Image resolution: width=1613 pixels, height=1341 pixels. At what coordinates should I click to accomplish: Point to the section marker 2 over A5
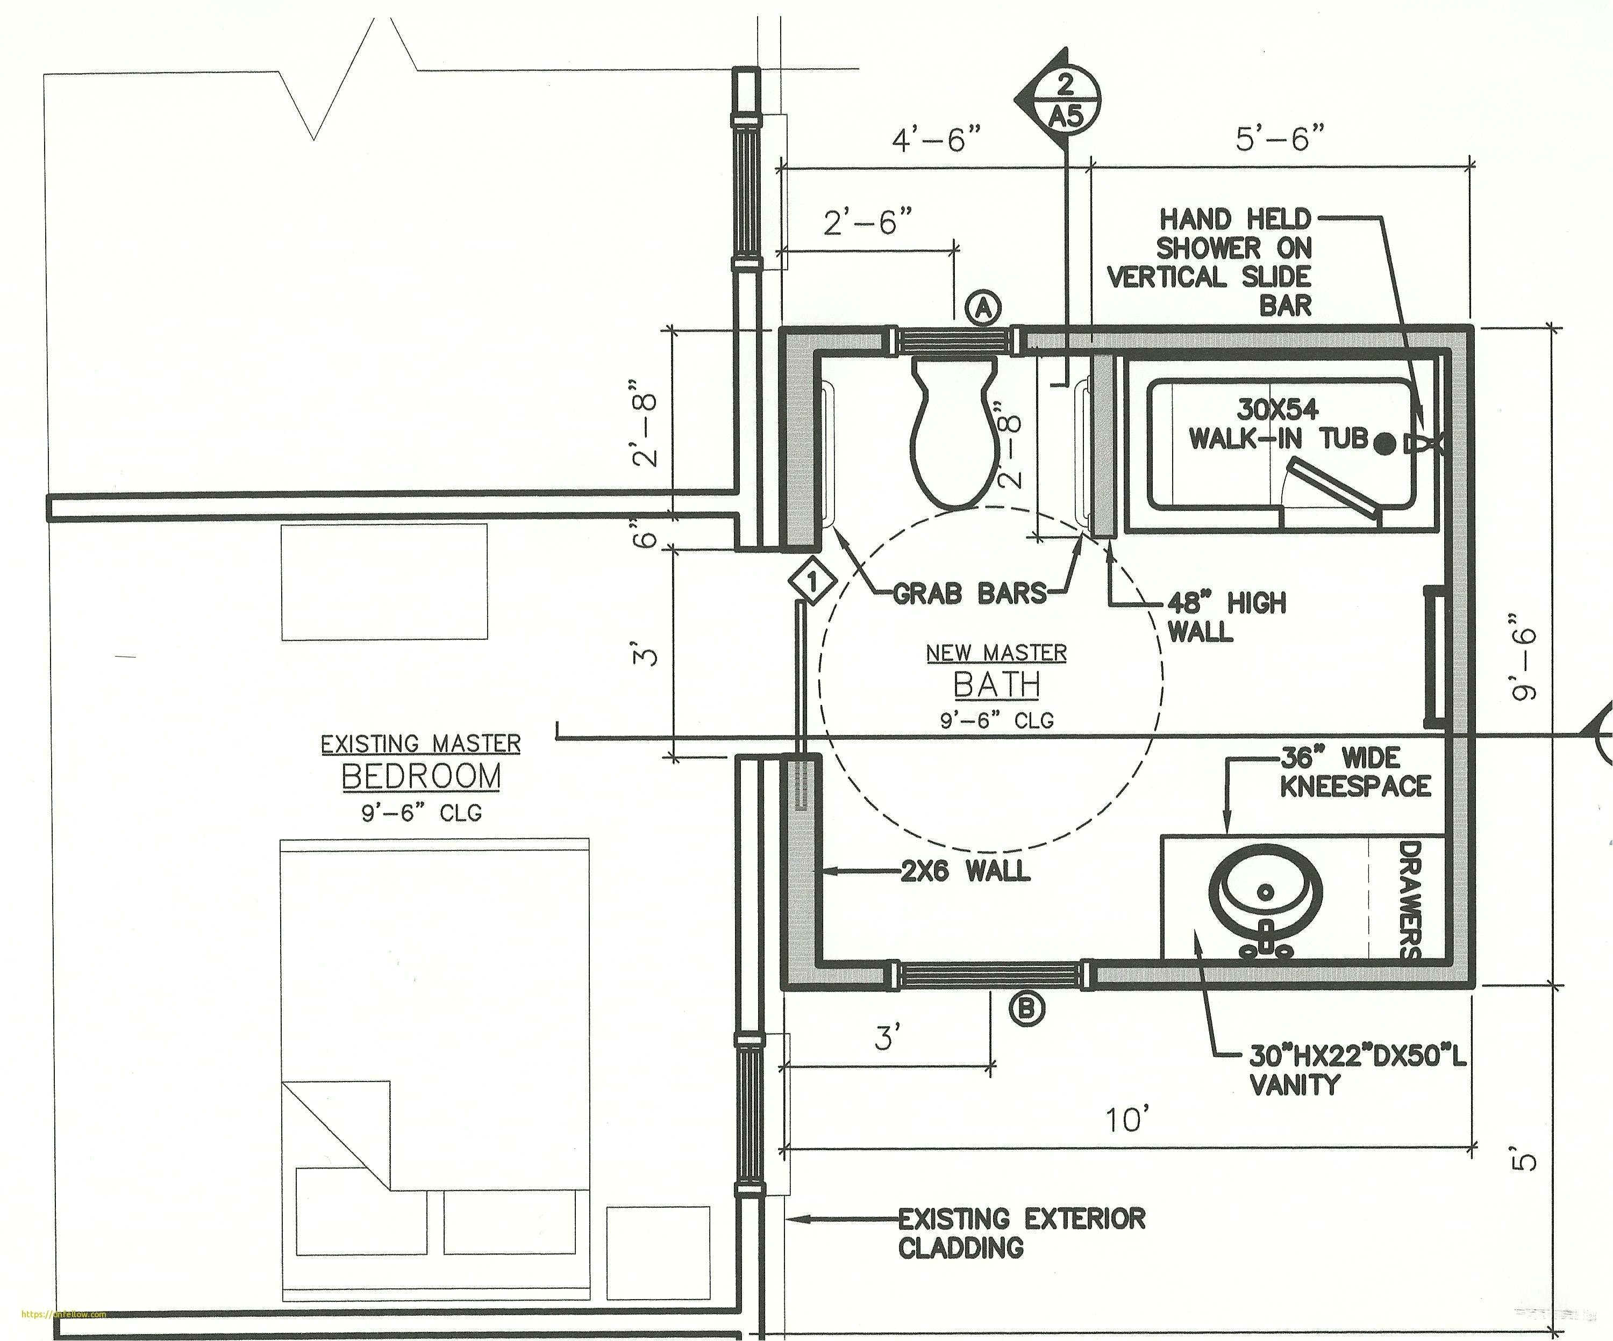coord(1065,100)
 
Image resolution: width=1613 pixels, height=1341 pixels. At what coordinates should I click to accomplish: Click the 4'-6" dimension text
coord(936,140)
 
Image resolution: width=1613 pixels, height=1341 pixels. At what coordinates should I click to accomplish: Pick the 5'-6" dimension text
coord(1280,139)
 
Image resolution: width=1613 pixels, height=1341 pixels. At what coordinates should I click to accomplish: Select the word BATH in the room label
coord(996,684)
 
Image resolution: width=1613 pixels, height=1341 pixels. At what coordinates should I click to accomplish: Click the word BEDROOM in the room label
coord(421,777)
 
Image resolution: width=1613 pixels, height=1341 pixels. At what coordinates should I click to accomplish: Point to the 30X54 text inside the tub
coord(1276,409)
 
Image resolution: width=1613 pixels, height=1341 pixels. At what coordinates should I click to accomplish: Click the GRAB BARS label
coord(969,593)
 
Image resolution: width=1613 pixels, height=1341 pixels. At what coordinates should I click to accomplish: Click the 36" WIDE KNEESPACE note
coord(1354,772)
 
